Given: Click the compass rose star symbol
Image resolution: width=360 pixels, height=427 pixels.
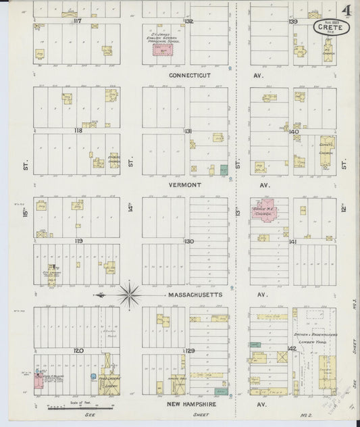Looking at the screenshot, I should point(129,295).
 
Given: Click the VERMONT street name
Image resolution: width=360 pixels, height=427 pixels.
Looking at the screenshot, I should point(189,184).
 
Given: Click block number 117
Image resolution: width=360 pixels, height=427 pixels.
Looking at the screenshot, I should point(77,21).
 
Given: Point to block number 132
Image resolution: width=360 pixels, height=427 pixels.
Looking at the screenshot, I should point(190,22).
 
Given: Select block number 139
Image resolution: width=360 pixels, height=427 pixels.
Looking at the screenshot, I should point(293,22).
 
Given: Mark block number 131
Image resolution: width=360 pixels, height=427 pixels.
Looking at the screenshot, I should point(190,130).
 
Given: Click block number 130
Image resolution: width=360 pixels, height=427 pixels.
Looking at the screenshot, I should point(190,241).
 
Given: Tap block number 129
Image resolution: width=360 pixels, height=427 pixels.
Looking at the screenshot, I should point(190,351).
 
